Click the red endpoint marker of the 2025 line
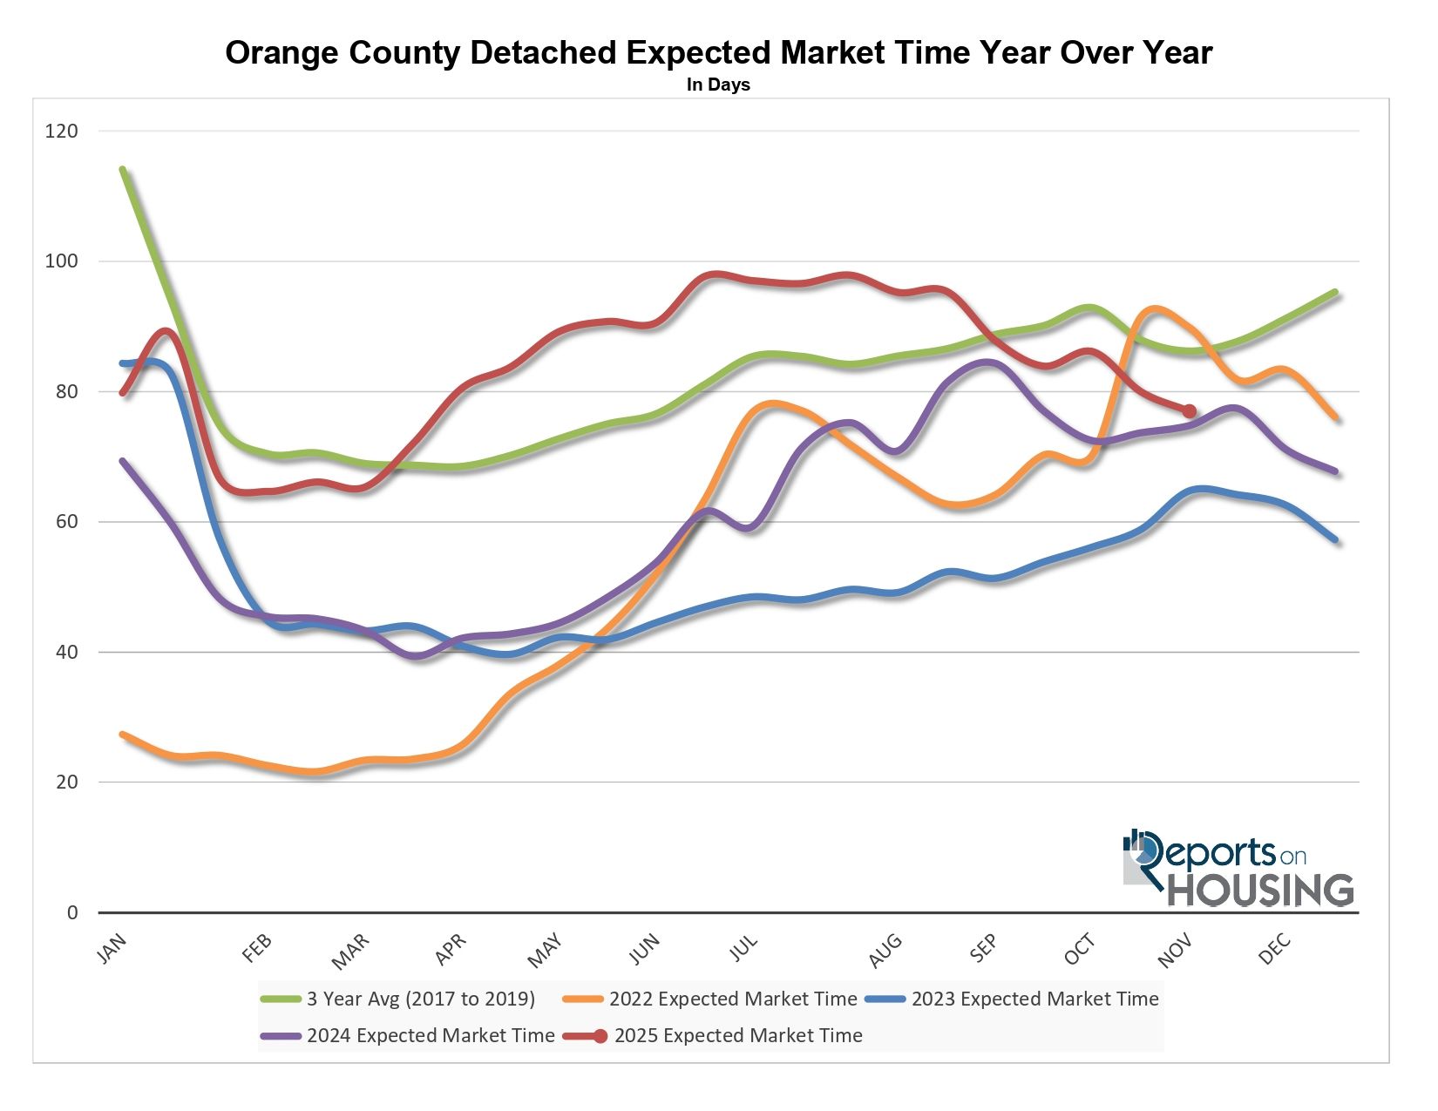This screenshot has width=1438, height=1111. (1189, 411)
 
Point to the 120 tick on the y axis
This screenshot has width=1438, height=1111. (61, 132)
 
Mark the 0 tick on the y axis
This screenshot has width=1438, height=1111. (72, 912)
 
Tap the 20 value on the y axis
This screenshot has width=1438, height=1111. (66, 782)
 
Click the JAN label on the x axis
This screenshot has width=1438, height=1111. (112, 949)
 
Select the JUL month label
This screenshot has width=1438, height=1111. (744, 948)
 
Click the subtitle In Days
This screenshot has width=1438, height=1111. (718, 85)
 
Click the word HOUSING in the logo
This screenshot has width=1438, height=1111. (1261, 890)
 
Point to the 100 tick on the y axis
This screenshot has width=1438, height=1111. (61, 261)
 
